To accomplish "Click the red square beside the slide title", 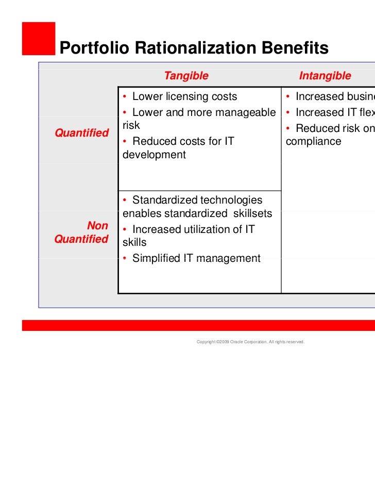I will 39,38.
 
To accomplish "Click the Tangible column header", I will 186,76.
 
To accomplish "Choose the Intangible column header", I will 325,76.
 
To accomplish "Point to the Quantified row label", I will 81,133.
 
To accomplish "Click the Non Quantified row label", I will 81,232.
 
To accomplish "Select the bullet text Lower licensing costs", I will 184,96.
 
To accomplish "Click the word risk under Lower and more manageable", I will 131,125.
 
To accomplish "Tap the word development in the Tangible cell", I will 154,155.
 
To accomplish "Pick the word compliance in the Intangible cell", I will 313,141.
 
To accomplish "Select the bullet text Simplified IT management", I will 196,258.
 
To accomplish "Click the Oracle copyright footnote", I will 250,342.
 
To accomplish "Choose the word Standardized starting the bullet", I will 164,200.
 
